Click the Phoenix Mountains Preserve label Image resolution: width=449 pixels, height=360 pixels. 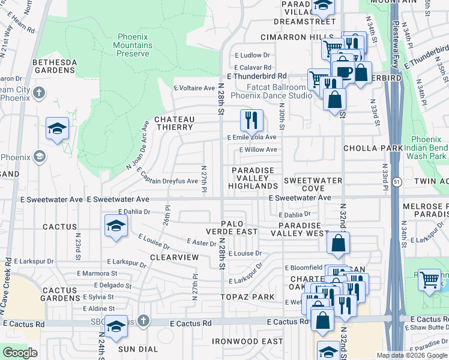tap(133, 45)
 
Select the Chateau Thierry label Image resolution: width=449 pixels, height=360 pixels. tap(174, 123)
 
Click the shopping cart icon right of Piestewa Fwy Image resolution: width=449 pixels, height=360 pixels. tap(429, 280)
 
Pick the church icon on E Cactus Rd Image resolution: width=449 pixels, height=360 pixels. tap(143, 321)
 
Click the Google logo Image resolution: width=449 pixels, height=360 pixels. tap(20, 353)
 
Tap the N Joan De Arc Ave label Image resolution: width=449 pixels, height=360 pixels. tap(137, 145)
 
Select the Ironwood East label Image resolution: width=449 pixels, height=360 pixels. tap(247, 341)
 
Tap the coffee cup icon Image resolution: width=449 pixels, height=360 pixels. tap(344, 71)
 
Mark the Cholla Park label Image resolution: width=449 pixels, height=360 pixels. tap(364, 148)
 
